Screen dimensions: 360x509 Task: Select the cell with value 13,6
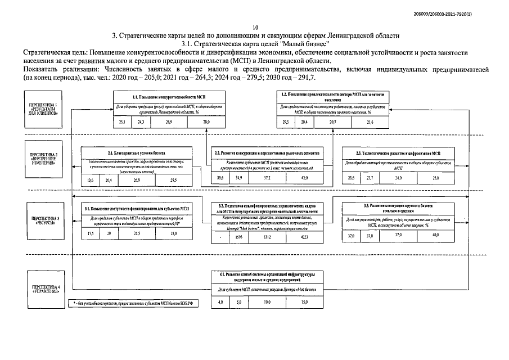(90, 179)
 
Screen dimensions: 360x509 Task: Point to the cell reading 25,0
(419, 178)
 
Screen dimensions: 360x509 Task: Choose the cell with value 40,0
(419, 235)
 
